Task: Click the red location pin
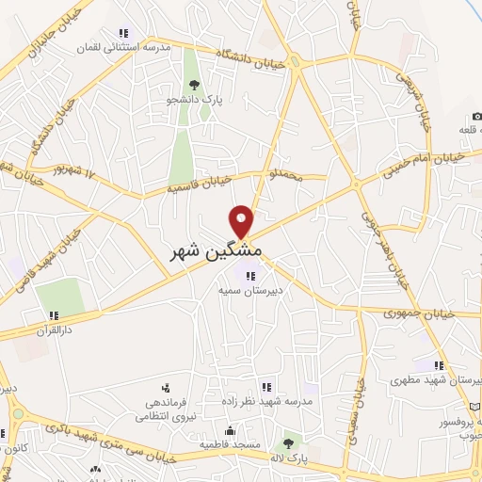tap(243, 221)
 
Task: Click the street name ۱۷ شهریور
tap(76, 172)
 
